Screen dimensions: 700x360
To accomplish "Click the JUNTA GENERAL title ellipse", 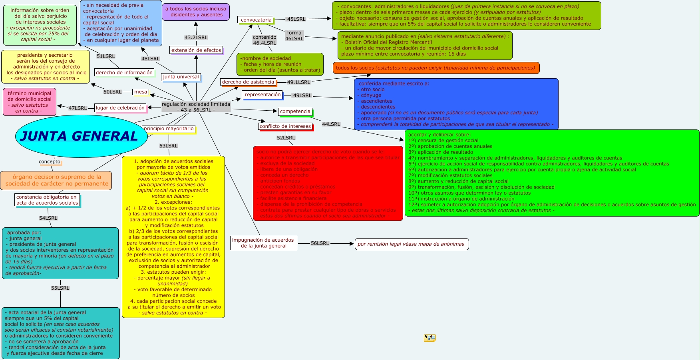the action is click(79, 136).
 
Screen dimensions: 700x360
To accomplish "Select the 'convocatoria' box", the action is click(256, 20).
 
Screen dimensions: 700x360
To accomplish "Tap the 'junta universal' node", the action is click(181, 77).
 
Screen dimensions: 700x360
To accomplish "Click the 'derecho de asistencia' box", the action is click(248, 82).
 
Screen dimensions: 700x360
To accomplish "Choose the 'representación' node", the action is click(262, 95).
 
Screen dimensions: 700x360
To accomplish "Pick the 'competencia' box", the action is click(295, 111).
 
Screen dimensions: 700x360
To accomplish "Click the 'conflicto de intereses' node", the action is click(285, 126).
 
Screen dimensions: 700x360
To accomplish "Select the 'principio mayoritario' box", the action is click(169, 129).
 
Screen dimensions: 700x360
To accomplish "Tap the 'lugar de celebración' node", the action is click(120, 108).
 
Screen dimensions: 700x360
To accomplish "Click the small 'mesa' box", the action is click(141, 92).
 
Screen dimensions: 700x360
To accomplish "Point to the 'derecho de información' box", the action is click(124, 72).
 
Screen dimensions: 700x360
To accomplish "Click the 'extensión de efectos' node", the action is click(196, 50).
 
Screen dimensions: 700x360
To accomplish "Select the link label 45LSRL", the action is click(296, 19).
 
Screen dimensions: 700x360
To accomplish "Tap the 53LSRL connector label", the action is click(168, 146).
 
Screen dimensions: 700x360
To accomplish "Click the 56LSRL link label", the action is click(320, 243).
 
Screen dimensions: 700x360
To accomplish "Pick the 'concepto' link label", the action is click(50, 162).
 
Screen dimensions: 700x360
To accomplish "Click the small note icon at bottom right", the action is click(430, 338).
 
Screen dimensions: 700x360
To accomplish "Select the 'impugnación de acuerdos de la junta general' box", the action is click(264, 243).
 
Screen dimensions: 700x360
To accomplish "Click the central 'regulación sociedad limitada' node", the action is click(196, 107).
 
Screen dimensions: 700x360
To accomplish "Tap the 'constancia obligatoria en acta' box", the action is click(47, 200).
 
